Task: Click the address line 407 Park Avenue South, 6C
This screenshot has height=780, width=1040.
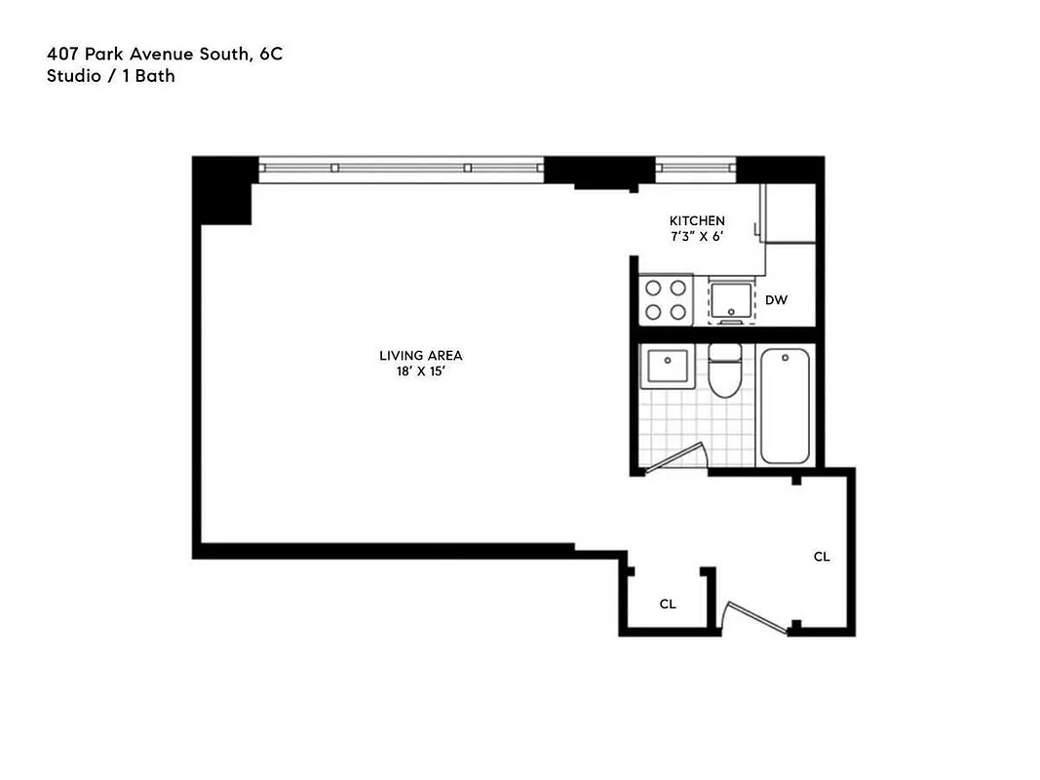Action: pyautogui.click(x=165, y=56)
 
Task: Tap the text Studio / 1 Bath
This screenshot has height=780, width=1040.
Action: pyautogui.click(x=110, y=75)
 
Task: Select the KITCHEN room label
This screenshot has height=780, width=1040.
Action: pyautogui.click(x=696, y=221)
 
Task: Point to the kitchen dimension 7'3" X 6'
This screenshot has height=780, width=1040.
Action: pyautogui.click(x=696, y=237)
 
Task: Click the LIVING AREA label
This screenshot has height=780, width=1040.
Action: pyautogui.click(x=421, y=356)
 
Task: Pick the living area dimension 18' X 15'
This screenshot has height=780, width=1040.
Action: pyautogui.click(x=421, y=371)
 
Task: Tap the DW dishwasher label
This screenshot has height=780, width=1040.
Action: pyautogui.click(x=776, y=300)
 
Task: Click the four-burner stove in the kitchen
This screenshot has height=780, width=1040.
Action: pyautogui.click(x=665, y=299)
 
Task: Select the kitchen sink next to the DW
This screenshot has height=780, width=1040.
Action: pyautogui.click(x=730, y=299)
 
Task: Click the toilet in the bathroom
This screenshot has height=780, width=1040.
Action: pyautogui.click(x=724, y=373)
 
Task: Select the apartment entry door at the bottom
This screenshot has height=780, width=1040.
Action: pyautogui.click(x=755, y=617)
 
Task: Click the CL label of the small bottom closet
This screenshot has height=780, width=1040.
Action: pyautogui.click(x=668, y=604)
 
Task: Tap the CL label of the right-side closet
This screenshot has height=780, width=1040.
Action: pyautogui.click(x=822, y=557)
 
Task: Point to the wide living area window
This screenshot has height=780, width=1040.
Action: pyautogui.click(x=401, y=168)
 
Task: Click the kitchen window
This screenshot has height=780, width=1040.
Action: pyautogui.click(x=695, y=168)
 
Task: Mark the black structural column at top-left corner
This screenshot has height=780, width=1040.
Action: pyautogui.click(x=224, y=190)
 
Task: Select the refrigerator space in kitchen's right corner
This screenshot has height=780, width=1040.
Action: pyautogui.click(x=790, y=213)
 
